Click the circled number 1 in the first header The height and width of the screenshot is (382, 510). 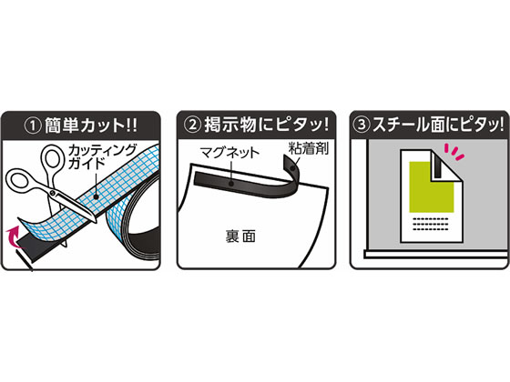(x=33, y=126)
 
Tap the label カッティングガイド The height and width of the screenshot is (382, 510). (x=102, y=156)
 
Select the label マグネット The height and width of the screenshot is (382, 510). (x=229, y=152)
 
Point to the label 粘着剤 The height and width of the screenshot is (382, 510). (x=309, y=148)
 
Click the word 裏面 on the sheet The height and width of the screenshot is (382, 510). (x=240, y=236)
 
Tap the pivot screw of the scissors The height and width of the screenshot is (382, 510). (x=53, y=193)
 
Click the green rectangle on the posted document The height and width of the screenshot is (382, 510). (x=432, y=187)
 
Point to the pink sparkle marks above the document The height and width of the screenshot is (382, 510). (x=454, y=152)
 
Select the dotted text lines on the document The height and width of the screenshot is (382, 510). (x=430, y=224)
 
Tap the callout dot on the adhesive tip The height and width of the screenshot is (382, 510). (x=292, y=168)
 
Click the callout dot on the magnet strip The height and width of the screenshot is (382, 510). (x=231, y=184)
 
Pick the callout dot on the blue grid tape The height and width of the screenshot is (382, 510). (x=96, y=196)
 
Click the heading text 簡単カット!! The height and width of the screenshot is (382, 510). (x=91, y=126)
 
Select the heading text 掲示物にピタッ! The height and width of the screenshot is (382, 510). (x=266, y=125)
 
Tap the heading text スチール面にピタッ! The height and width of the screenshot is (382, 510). (x=438, y=125)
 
